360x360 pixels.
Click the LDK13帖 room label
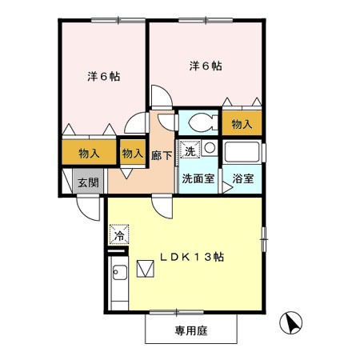pos(192,257)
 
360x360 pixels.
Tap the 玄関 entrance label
pos(88,182)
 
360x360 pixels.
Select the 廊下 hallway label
pos(162,155)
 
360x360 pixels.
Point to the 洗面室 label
pos(198,178)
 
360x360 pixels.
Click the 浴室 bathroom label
pos(242,178)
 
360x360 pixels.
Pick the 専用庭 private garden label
pos(191,330)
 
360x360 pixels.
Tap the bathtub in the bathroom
pos(242,152)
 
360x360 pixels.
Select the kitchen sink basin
pos(120,272)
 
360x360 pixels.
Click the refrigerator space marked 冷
pos(119,234)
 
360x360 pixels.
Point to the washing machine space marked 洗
pos(190,150)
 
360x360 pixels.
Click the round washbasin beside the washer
pos(210,148)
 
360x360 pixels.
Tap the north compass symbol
pos(291,322)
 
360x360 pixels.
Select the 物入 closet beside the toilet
pos(242,123)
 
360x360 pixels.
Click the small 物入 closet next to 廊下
pos(133,153)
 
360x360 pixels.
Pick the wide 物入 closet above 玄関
pos(89,153)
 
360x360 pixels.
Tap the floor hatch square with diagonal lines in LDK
pos(146,269)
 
